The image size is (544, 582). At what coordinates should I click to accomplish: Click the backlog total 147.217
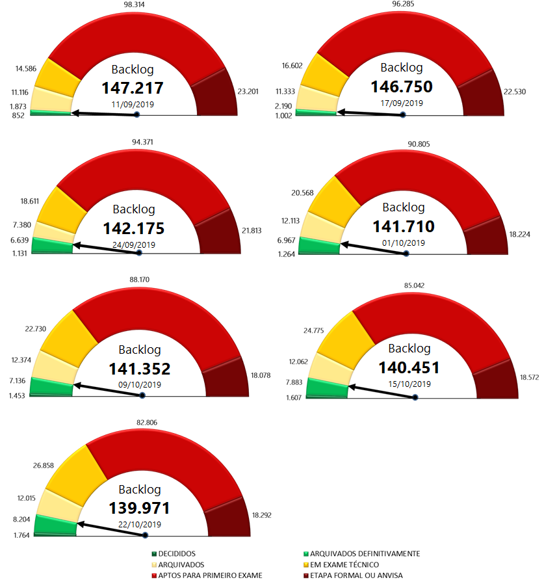coord(136,88)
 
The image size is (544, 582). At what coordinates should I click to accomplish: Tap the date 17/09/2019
coord(402,103)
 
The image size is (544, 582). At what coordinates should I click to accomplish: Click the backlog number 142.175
coord(134,228)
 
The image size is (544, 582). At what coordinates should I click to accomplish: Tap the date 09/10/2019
coord(140,384)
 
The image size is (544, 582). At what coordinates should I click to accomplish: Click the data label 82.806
coord(146,424)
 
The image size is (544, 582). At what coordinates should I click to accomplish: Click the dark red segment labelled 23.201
coord(217,91)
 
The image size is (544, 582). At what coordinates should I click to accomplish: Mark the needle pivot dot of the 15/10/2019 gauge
coord(415,397)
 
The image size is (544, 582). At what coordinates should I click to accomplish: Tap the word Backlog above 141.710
coord(403,207)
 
